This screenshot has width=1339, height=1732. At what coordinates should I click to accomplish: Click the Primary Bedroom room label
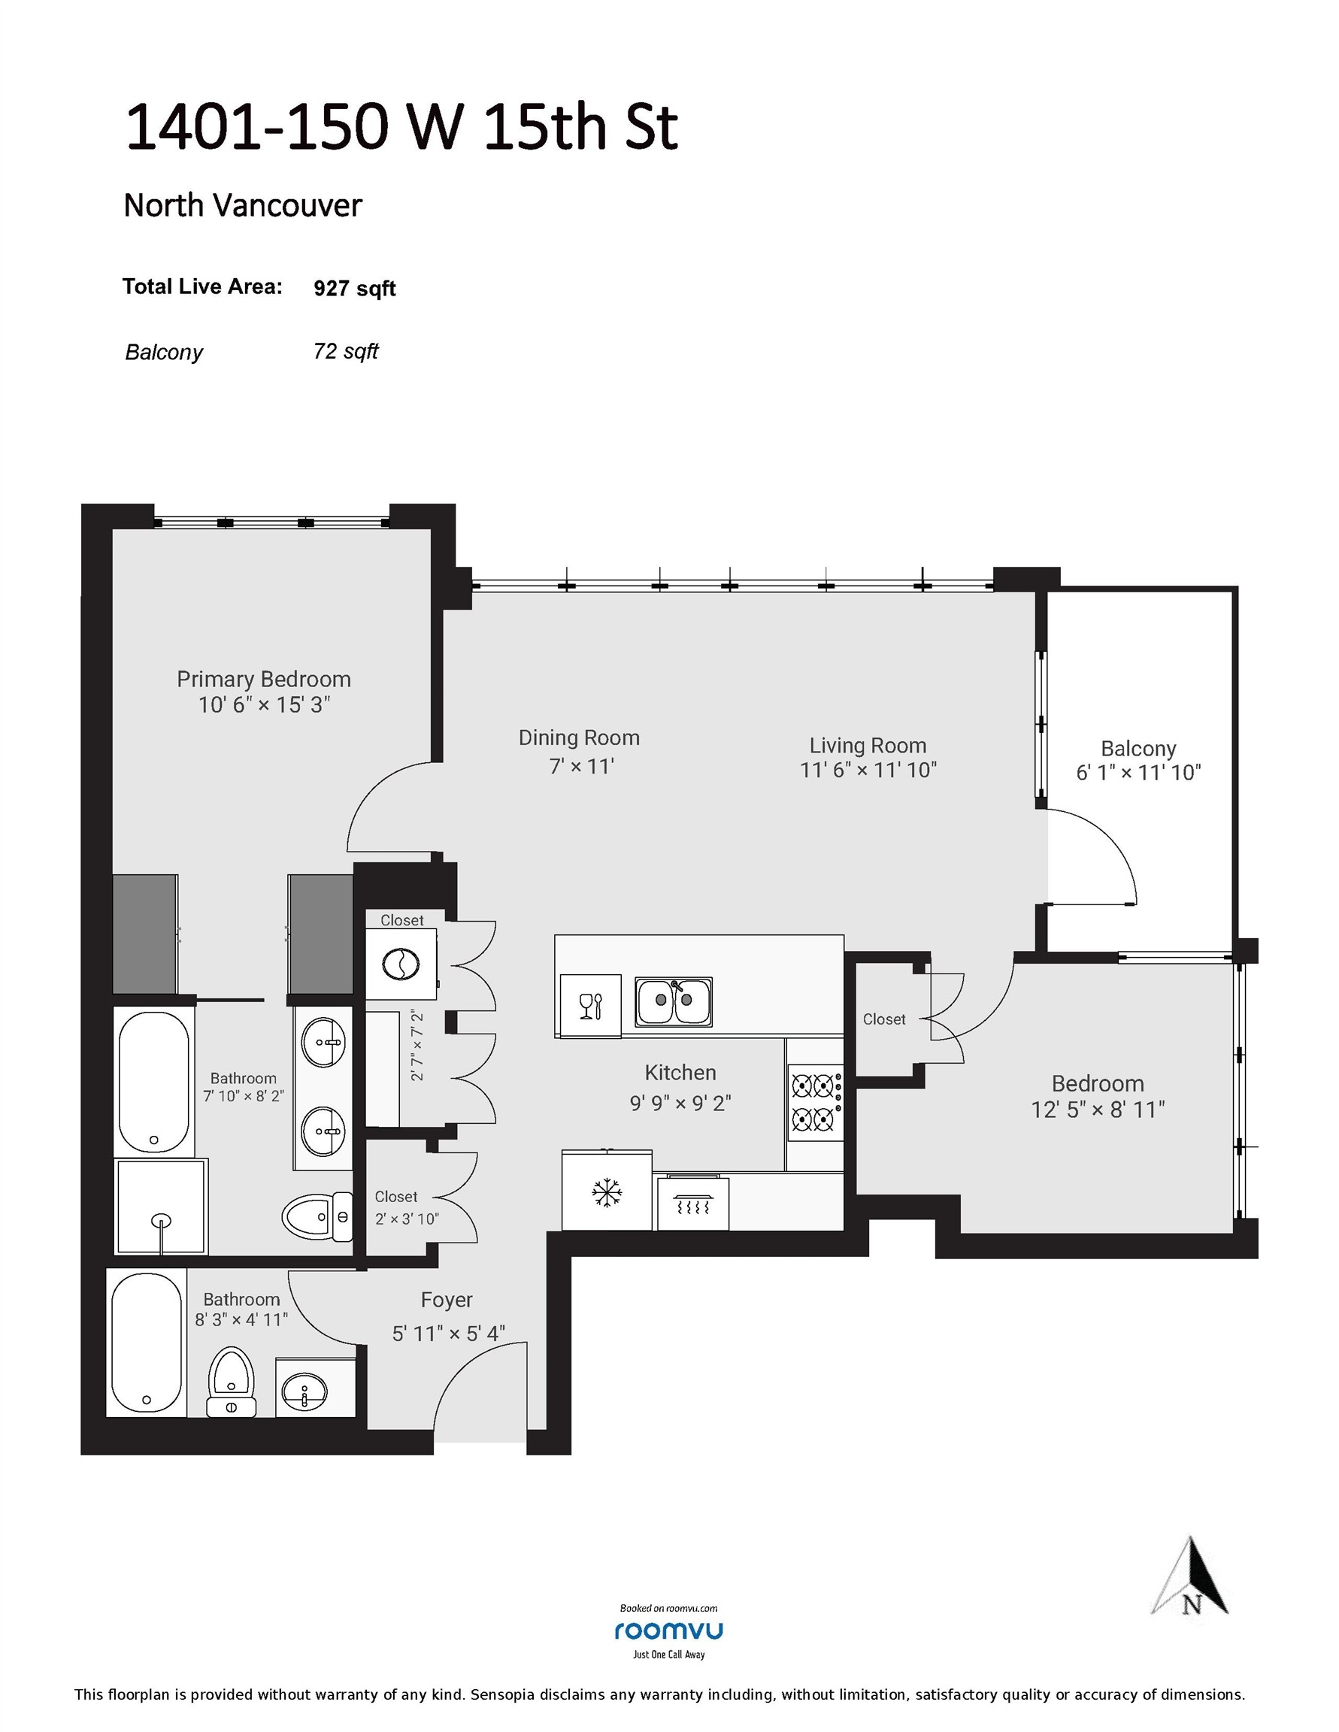(x=263, y=679)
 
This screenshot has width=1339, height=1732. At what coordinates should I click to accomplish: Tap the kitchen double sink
(x=673, y=1001)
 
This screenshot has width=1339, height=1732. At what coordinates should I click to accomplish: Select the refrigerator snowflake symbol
(x=607, y=1192)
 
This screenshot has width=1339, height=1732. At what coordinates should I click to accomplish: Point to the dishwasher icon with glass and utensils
(x=590, y=1006)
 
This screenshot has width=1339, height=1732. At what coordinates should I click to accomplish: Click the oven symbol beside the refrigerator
(x=693, y=1204)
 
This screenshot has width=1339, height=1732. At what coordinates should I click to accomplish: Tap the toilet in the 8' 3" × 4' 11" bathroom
(x=231, y=1381)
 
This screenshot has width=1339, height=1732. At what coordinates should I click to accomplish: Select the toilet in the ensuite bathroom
(x=316, y=1216)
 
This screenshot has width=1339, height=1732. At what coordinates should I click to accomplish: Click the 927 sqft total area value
(x=355, y=288)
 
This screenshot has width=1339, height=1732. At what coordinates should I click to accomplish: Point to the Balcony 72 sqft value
(x=346, y=351)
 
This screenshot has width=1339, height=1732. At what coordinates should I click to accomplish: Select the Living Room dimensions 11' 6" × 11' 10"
(x=868, y=770)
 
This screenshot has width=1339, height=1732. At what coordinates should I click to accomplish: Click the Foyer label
(x=447, y=1300)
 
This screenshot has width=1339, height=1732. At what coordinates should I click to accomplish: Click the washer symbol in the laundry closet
(x=401, y=964)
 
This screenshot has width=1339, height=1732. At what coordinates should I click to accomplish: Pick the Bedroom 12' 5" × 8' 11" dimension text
(x=1098, y=1110)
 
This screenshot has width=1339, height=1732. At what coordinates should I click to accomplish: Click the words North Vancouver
(x=243, y=205)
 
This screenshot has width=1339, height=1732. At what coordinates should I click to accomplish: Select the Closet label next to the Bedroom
(x=883, y=1019)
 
